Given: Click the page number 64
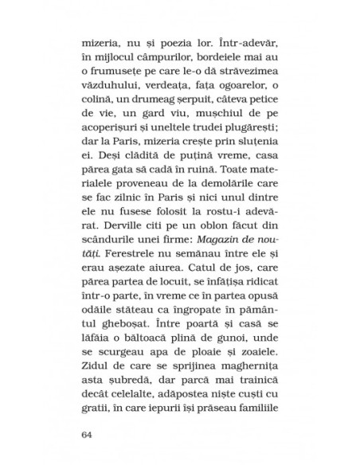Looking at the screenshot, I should coord(88,435).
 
